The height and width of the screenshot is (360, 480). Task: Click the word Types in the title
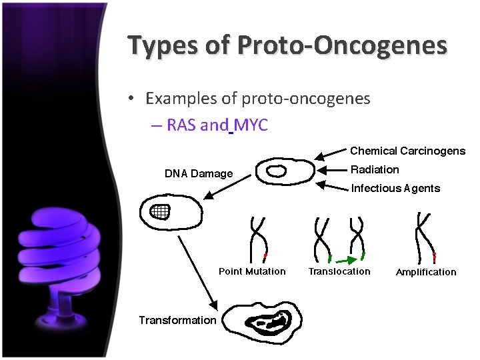161,45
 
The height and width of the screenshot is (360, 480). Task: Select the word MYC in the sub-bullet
251,125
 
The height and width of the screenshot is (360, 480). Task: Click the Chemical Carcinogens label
407,151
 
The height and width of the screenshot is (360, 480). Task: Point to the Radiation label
375,169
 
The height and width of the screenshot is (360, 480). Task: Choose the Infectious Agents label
395,188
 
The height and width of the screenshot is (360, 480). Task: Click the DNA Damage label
199,174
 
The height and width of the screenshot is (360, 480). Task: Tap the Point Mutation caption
252,271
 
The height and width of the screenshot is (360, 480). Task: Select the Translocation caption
339,271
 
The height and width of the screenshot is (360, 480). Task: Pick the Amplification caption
426,272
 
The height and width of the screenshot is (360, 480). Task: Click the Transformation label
177,320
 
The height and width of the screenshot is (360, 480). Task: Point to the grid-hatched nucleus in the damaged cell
160,212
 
